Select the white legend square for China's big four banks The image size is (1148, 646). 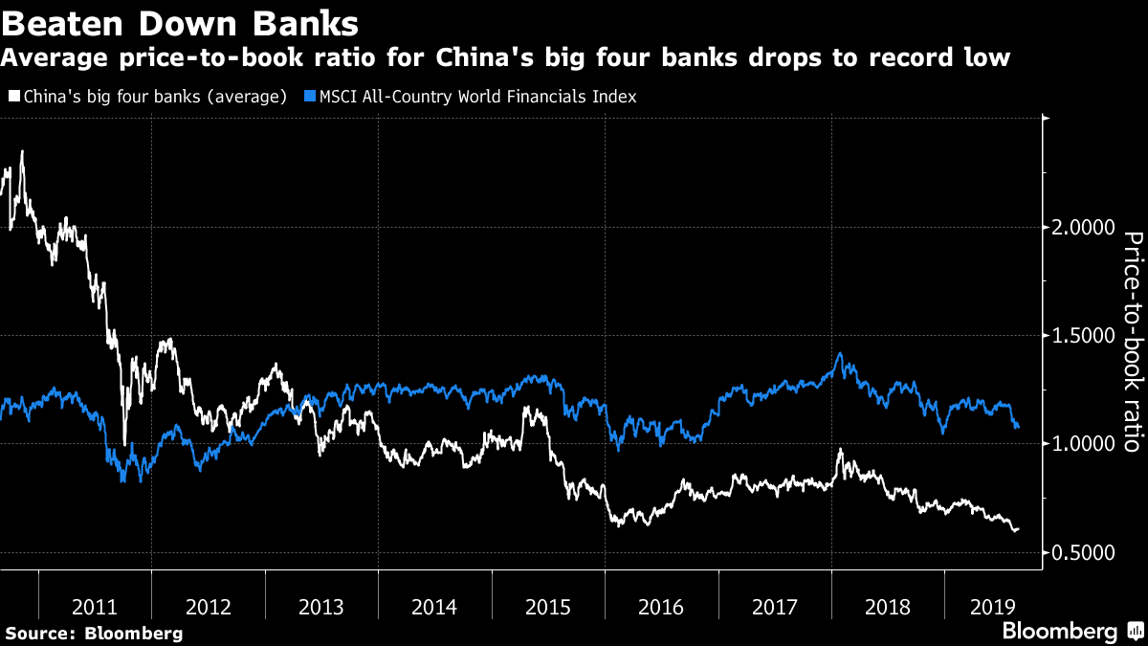click(12, 97)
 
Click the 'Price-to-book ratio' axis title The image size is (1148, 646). click(1132, 342)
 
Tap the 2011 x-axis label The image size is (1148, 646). click(95, 607)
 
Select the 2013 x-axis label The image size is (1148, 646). click(321, 607)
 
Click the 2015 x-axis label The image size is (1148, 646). click(548, 607)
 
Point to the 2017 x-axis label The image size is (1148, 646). click(775, 607)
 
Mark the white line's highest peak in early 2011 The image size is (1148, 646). click(22, 151)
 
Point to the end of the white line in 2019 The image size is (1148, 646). click(1018, 528)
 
